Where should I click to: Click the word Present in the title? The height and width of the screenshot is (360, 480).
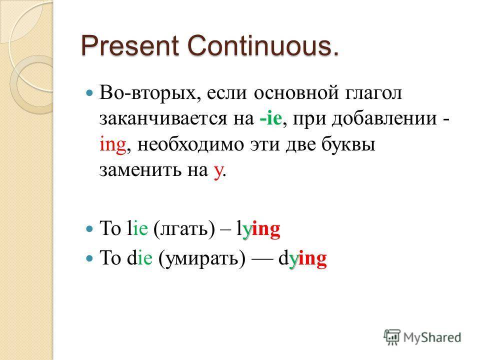(130, 46)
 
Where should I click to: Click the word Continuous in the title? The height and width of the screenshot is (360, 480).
(260, 46)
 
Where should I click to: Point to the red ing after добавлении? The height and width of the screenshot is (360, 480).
(112, 145)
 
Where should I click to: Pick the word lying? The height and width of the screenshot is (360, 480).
(258, 229)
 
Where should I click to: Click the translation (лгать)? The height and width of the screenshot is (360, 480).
(184, 229)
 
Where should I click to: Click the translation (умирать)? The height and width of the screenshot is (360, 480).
(201, 259)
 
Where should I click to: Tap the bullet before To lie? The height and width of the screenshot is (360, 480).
(89, 228)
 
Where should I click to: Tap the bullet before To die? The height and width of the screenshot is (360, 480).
(89, 258)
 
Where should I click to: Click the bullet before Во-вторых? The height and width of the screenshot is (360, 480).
(89, 93)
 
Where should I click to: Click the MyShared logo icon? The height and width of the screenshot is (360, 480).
(392, 337)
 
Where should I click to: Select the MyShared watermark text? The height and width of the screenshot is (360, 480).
(432, 337)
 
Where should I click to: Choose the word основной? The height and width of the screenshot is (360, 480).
(296, 93)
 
